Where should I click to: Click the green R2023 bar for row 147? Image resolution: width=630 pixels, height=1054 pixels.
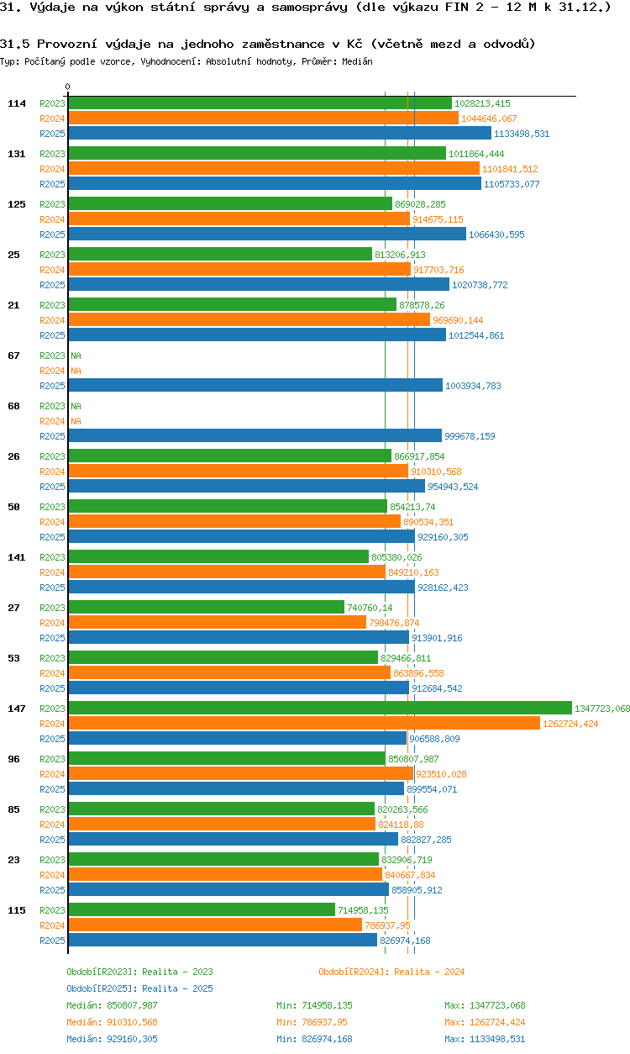click(x=319, y=708)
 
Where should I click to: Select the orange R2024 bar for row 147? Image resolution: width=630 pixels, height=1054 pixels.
click(x=303, y=723)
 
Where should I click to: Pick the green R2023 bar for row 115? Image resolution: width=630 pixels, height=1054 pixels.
click(x=201, y=909)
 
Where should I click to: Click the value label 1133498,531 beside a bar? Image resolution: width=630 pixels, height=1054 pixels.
click(x=522, y=134)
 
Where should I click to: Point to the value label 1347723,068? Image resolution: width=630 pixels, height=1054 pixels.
click(x=601, y=709)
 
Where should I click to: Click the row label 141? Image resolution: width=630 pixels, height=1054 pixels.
click(x=16, y=557)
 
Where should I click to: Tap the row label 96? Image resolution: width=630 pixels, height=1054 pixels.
click(x=13, y=759)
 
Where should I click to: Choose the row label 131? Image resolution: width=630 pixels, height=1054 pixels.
click(x=16, y=154)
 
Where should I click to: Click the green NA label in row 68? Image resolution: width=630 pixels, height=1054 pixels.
click(x=76, y=406)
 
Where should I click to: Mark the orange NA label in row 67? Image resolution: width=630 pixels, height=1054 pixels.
click(x=76, y=371)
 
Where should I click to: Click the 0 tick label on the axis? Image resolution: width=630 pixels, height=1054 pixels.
click(x=68, y=87)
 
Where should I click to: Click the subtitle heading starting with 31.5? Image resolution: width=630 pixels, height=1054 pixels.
click(x=267, y=43)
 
